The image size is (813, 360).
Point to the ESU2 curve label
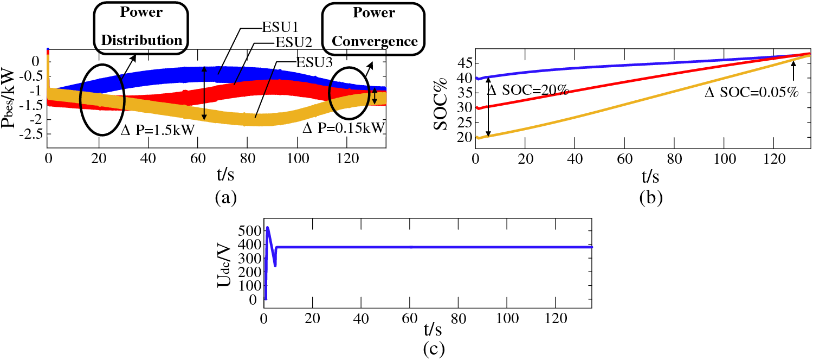coord(292,42)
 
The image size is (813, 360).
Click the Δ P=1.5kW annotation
coord(157,132)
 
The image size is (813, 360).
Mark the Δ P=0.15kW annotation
coord(344,128)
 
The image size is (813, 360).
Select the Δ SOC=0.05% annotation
coord(751,93)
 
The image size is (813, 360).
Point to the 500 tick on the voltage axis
coord(249,230)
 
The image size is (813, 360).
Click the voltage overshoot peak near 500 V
coord(268,228)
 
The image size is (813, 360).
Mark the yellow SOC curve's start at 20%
coord(478,138)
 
